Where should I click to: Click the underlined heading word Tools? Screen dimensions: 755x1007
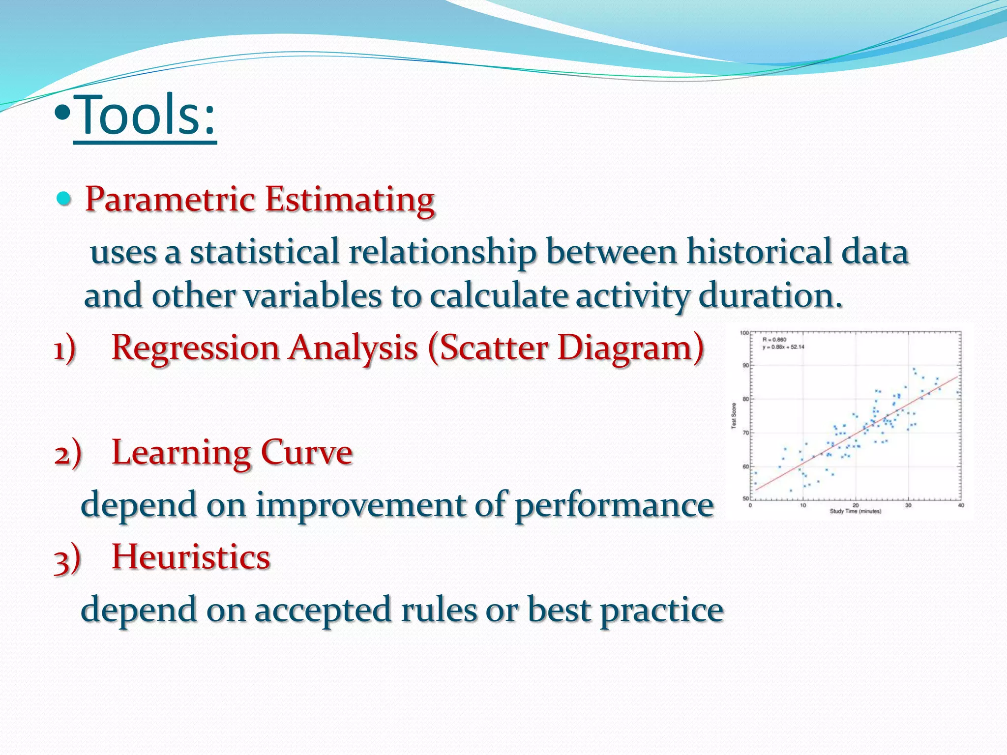click(x=145, y=116)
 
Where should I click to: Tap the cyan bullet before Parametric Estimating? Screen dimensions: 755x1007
click(x=64, y=199)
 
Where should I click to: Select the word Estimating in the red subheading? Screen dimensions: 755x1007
click(x=350, y=200)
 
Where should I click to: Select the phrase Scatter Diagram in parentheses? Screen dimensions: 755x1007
click(x=565, y=348)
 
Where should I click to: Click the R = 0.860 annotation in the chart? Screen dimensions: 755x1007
click(x=774, y=340)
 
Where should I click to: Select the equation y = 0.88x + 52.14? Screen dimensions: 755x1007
click(x=783, y=347)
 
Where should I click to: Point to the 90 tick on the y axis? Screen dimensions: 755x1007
click(x=745, y=365)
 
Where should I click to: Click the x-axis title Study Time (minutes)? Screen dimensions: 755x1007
click(x=856, y=511)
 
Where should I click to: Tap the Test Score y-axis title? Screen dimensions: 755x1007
click(x=734, y=416)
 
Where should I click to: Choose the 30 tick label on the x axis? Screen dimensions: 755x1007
click(x=908, y=505)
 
